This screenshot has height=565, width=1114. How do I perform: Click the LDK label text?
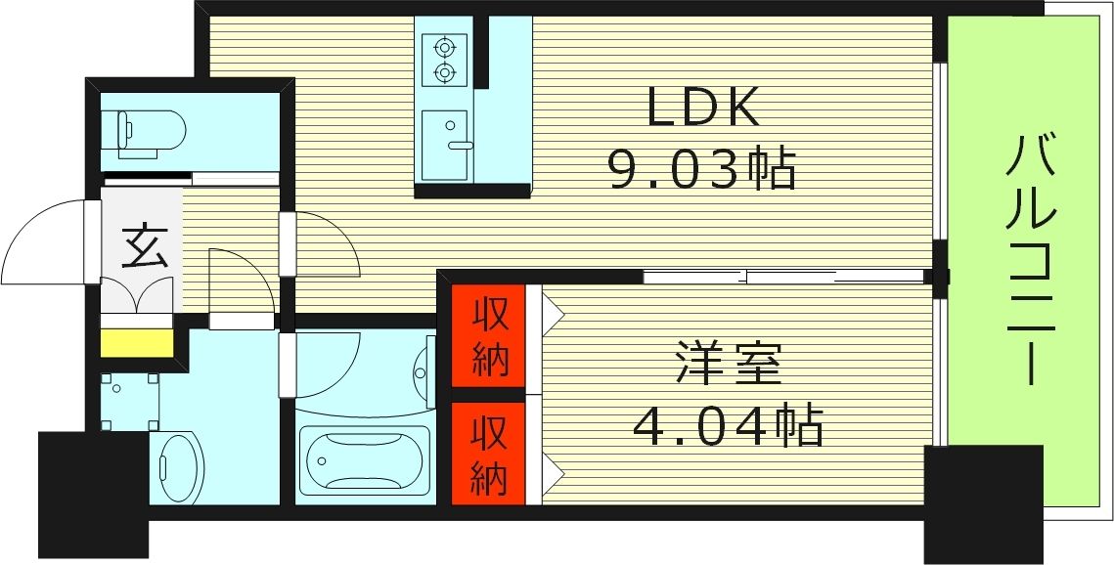point(703,108)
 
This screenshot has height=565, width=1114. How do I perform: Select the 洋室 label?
point(729,365)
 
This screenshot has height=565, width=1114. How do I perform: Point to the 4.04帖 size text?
point(727,425)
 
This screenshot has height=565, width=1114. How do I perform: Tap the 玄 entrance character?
point(144,246)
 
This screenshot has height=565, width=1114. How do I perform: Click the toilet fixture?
point(150,131)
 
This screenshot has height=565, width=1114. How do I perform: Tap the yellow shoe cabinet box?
point(137,344)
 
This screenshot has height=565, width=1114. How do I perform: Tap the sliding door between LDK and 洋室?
point(782,277)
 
